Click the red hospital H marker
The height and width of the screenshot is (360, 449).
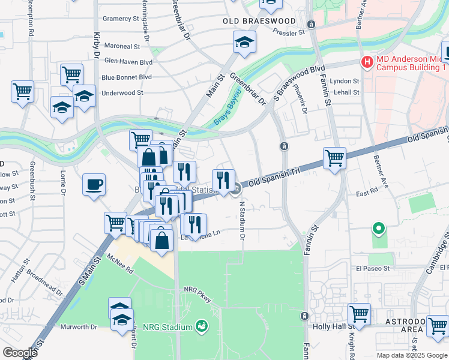[367, 62]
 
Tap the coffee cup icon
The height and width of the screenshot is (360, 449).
[94, 184]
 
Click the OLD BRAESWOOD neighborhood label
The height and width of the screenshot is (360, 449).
[259, 21]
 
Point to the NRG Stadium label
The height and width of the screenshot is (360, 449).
[167, 327]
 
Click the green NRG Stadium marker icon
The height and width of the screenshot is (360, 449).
[202, 326]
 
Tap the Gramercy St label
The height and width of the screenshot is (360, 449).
[121, 19]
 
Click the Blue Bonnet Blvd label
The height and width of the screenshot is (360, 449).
[127, 77]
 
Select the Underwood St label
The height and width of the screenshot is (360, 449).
[122, 93]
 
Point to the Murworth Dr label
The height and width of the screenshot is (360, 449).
[79, 327]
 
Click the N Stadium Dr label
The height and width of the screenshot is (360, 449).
[243, 221]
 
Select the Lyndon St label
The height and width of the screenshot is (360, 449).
[345, 81]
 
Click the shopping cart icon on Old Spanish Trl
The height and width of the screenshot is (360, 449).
[334, 158]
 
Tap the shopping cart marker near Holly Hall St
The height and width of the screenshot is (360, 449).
[359, 314]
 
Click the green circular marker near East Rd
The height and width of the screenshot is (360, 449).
[378, 228]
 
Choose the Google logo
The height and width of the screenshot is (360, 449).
[20, 353]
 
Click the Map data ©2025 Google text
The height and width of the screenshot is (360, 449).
[411, 355]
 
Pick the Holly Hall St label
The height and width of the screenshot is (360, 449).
[329, 327]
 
